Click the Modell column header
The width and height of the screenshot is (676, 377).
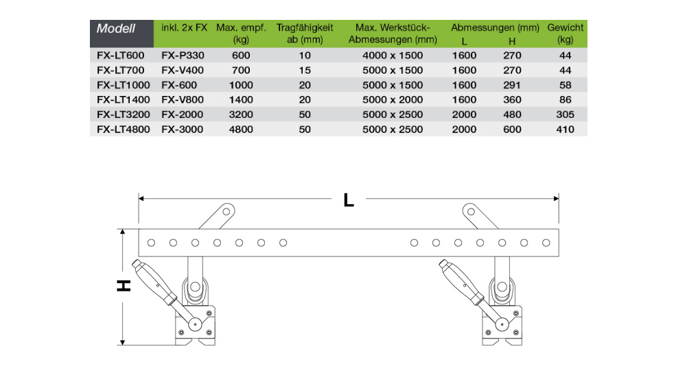point(116,29)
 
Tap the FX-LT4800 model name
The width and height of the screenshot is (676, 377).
point(121,129)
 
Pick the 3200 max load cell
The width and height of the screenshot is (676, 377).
point(241,114)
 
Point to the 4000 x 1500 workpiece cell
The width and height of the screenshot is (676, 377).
point(393,54)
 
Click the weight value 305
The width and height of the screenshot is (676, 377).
point(565,114)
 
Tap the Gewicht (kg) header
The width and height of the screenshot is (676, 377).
point(566,34)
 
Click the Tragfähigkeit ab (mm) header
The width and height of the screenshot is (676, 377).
point(305,34)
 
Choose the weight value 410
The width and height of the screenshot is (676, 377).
point(565,129)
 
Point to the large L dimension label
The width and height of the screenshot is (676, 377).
point(349,200)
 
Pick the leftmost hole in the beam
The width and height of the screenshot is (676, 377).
point(151,243)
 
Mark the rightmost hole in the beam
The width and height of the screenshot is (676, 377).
point(546,243)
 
